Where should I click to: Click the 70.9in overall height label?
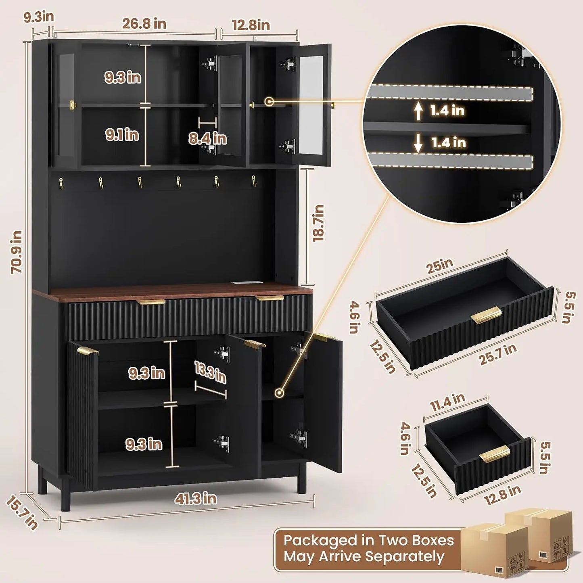[16, 252]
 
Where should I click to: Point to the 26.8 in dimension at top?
[144, 24]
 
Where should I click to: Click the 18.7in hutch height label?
[318, 223]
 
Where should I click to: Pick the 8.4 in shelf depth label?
[207, 138]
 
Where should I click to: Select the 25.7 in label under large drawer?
[497, 355]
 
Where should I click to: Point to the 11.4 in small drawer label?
[447, 403]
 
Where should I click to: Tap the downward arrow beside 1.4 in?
[418, 143]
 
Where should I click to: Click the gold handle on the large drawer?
[486, 315]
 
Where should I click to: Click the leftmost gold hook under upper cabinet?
[61, 182]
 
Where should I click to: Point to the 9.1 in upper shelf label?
[122, 135]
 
